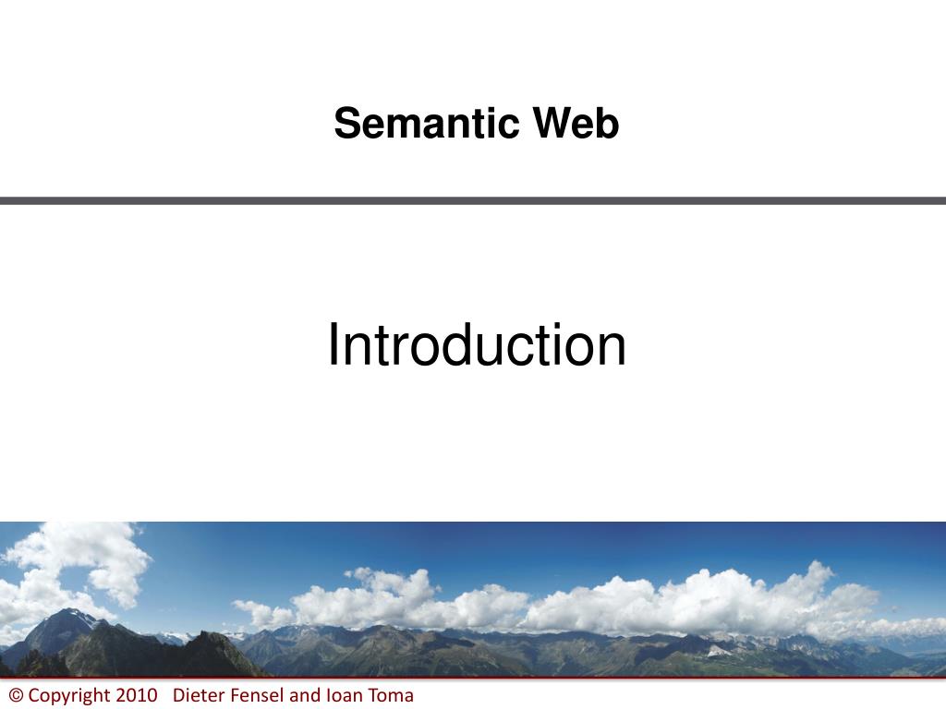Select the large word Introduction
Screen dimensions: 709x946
click(477, 345)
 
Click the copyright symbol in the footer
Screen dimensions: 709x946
click(15, 696)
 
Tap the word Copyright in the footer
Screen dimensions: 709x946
click(70, 696)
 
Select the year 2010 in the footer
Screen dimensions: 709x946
click(137, 696)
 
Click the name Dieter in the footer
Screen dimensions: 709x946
click(197, 696)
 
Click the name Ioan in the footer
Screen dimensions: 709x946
click(343, 696)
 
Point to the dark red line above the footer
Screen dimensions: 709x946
click(473, 679)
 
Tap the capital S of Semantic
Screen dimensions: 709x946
click(346, 124)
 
